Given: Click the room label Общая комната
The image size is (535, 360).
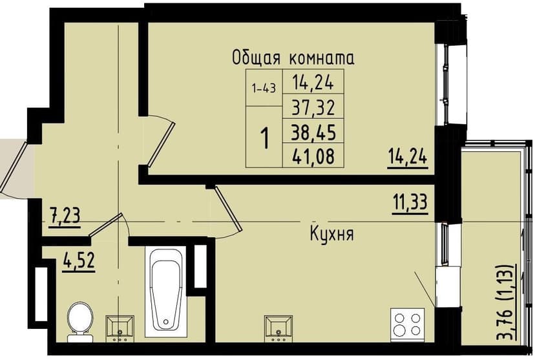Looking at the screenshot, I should pyautogui.click(x=293, y=58).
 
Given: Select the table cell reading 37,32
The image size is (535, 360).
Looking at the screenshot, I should pyautogui.click(x=313, y=107).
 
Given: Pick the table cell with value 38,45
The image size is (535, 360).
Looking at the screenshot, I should pyautogui.click(x=313, y=131).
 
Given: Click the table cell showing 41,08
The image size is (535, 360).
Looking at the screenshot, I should pyautogui.click(x=313, y=155).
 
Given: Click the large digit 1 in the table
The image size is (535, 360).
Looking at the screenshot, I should pyautogui.click(x=264, y=137).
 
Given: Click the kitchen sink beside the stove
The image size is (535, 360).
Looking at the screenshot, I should pyautogui.click(x=280, y=327).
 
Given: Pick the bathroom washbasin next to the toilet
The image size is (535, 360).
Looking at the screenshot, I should pyautogui.click(x=120, y=327).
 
